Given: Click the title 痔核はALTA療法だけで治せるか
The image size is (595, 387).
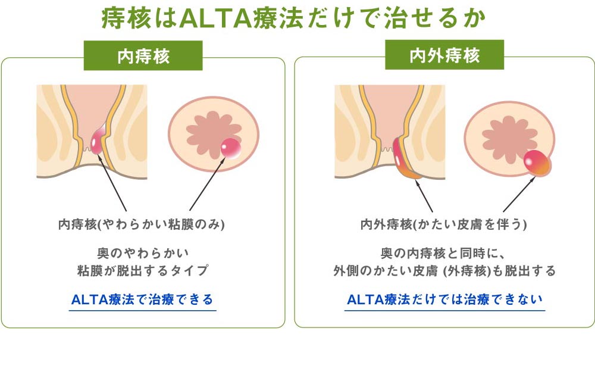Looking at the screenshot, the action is tap(293, 18).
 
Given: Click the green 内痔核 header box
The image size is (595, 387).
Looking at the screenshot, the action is tap(143, 55).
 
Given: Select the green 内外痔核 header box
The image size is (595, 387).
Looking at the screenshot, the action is tap(444, 55).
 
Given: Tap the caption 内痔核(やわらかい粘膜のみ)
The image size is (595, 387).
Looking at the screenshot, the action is tap(142, 224).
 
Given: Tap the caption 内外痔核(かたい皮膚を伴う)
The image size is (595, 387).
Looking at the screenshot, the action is tap(444, 224).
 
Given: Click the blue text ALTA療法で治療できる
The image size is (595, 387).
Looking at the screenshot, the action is tap(142, 299).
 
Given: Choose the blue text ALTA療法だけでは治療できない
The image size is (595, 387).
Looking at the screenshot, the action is tap(444, 299).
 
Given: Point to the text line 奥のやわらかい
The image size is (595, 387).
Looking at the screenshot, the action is tap(143, 253).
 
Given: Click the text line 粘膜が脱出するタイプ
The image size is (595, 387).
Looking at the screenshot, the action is tap(143, 270).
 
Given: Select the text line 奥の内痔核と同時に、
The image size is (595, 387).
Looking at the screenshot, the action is tap(443, 253).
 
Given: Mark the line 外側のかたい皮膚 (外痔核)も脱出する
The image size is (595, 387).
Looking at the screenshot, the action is tap(444, 271).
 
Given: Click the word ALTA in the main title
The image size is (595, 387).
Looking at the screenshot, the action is tap(215, 18).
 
